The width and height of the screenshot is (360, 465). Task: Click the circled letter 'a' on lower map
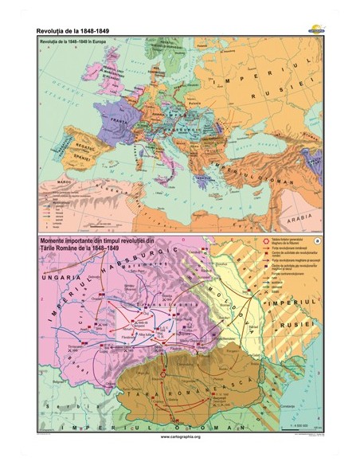click(316, 240)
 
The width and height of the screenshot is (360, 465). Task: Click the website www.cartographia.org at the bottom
click(179, 437)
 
